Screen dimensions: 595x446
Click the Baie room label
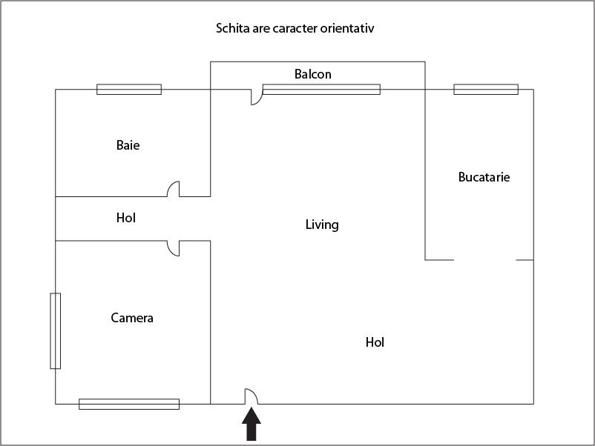[128, 145]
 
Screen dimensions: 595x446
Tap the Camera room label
[132, 318]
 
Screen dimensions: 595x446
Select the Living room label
[322, 224]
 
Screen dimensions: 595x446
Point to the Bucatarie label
[484, 177]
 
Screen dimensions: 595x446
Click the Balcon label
[312, 74]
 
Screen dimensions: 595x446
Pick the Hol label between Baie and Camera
[126, 218]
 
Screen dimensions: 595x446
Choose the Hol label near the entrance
[375, 342]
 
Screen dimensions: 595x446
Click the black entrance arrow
[252, 424]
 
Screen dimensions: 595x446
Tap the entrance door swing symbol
[252, 396]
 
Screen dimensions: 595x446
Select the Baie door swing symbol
[174, 189]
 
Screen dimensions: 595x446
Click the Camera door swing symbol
[174, 248]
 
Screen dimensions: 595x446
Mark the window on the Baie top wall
[129, 90]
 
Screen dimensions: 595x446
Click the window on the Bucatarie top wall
[486, 90]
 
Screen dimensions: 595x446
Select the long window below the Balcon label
[321, 90]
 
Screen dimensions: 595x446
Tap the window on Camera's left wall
[56, 331]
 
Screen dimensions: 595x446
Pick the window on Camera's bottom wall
[129, 404]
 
